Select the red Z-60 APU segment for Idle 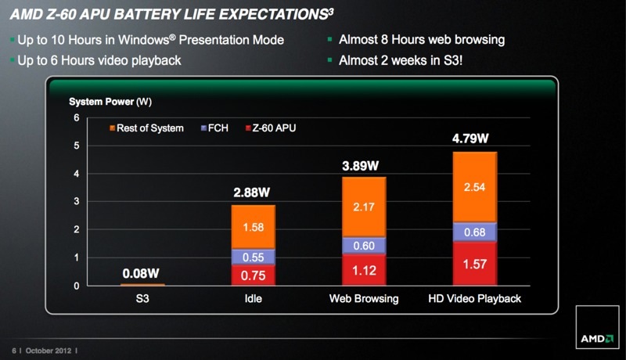(x=253, y=275)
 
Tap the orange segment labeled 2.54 (x=474, y=187)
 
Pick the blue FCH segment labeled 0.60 (x=363, y=246)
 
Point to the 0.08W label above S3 (x=142, y=274)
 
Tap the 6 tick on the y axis (x=77, y=117)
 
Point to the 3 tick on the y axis (x=77, y=202)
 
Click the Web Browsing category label (x=363, y=299)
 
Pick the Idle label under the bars (x=253, y=299)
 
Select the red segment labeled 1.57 (x=474, y=264)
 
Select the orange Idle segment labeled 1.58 (x=253, y=227)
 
